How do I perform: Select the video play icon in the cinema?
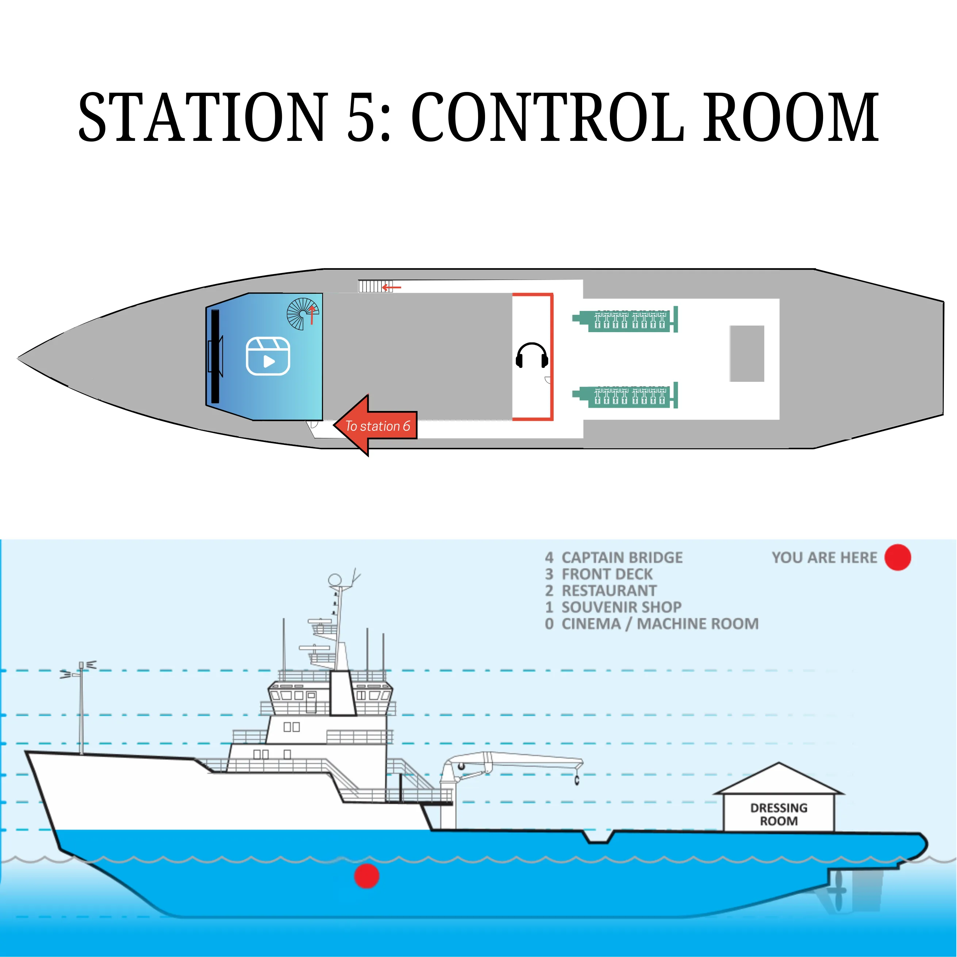point(268,356)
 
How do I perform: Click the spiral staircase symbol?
point(303,314)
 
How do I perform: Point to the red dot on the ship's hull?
point(366,876)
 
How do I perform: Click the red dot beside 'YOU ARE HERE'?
point(898,557)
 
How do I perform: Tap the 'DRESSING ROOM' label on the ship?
point(779,814)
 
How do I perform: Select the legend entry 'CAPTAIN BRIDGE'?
point(622,558)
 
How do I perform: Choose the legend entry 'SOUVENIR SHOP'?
point(621,607)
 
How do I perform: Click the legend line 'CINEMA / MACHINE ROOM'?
point(659,624)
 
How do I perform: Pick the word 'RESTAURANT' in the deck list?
point(609,591)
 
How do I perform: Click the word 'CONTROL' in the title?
point(548,118)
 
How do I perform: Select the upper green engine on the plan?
point(625,320)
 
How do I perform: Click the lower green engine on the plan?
point(625,396)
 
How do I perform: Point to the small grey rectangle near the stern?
point(746,353)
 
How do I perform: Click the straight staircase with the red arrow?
point(375,286)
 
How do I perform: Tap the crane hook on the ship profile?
point(577,781)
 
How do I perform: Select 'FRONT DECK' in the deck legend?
point(607,574)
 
